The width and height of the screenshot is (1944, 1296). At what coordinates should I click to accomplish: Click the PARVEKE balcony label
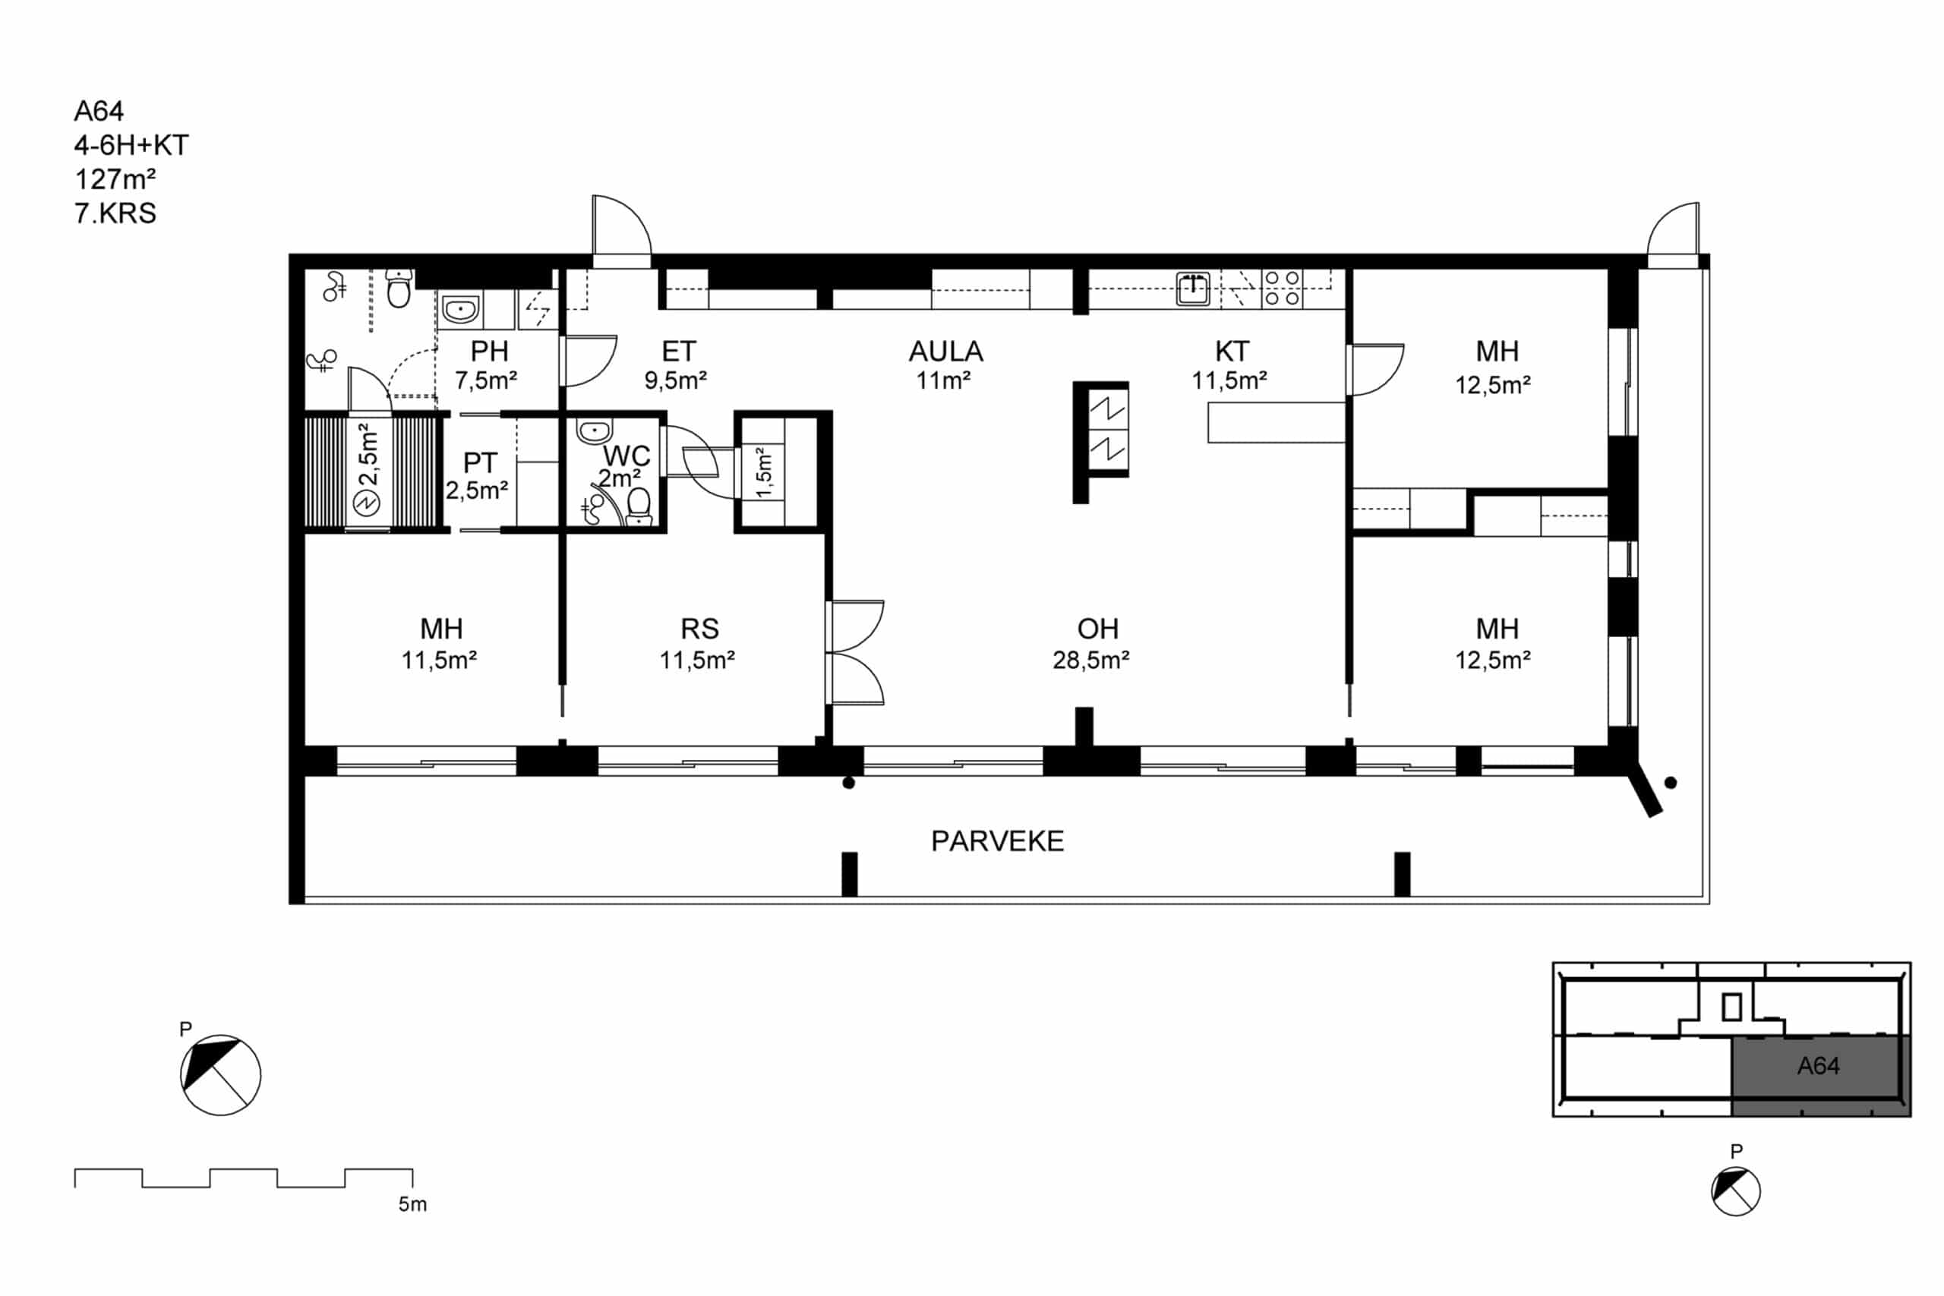click(x=997, y=841)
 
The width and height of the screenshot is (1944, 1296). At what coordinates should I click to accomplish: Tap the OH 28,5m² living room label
click(x=1091, y=644)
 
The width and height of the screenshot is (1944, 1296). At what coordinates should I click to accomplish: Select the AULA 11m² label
click(x=945, y=364)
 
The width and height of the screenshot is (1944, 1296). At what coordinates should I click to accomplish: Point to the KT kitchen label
click(x=1231, y=352)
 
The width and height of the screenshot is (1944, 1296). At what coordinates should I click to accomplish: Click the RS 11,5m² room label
click(x=698, y=644)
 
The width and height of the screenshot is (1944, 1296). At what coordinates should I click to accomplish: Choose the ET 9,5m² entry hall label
click(x=676, y=364)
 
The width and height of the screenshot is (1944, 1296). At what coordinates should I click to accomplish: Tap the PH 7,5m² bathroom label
click(x=486, y=364)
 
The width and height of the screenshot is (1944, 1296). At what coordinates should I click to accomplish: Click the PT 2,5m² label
click(x=477, y=476)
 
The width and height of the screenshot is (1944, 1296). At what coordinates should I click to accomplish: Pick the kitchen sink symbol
click(x=1193, y=289)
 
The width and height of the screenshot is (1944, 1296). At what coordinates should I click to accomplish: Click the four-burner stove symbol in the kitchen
click(x=1282, y=289)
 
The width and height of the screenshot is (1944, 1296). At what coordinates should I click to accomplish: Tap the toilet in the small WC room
click(x=639, y=506)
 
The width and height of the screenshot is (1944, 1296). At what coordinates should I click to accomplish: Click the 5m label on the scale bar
click(x=412, y=1204)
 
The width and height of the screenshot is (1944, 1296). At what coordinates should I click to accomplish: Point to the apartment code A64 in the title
click(x=99, y=111)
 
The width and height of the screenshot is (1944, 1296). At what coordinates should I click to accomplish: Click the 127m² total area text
click(x=115, y=178)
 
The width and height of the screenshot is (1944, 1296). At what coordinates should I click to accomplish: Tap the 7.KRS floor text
click(x=115, y=213)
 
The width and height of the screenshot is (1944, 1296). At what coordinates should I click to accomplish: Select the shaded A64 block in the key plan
click(x=1821, y=1075)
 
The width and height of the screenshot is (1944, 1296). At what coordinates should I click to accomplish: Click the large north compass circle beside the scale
click(x=221, y=1075)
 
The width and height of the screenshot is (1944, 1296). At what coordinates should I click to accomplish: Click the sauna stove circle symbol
click(x=366, y=503)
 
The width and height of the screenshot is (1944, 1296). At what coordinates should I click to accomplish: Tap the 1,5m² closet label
click(x=765, y=472)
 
